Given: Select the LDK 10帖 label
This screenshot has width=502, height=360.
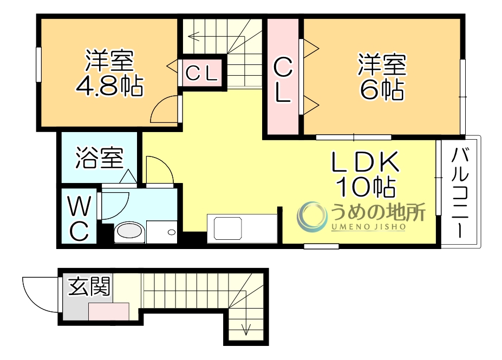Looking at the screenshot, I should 366,173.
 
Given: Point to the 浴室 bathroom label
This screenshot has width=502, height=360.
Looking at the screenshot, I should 99,158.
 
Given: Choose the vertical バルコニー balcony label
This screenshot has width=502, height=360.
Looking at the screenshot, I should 460,192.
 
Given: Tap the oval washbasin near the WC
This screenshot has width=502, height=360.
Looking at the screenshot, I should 129,232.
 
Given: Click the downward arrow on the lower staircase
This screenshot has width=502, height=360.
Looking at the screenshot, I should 246,328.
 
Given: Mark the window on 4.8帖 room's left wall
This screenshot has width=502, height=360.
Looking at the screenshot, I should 39,65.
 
